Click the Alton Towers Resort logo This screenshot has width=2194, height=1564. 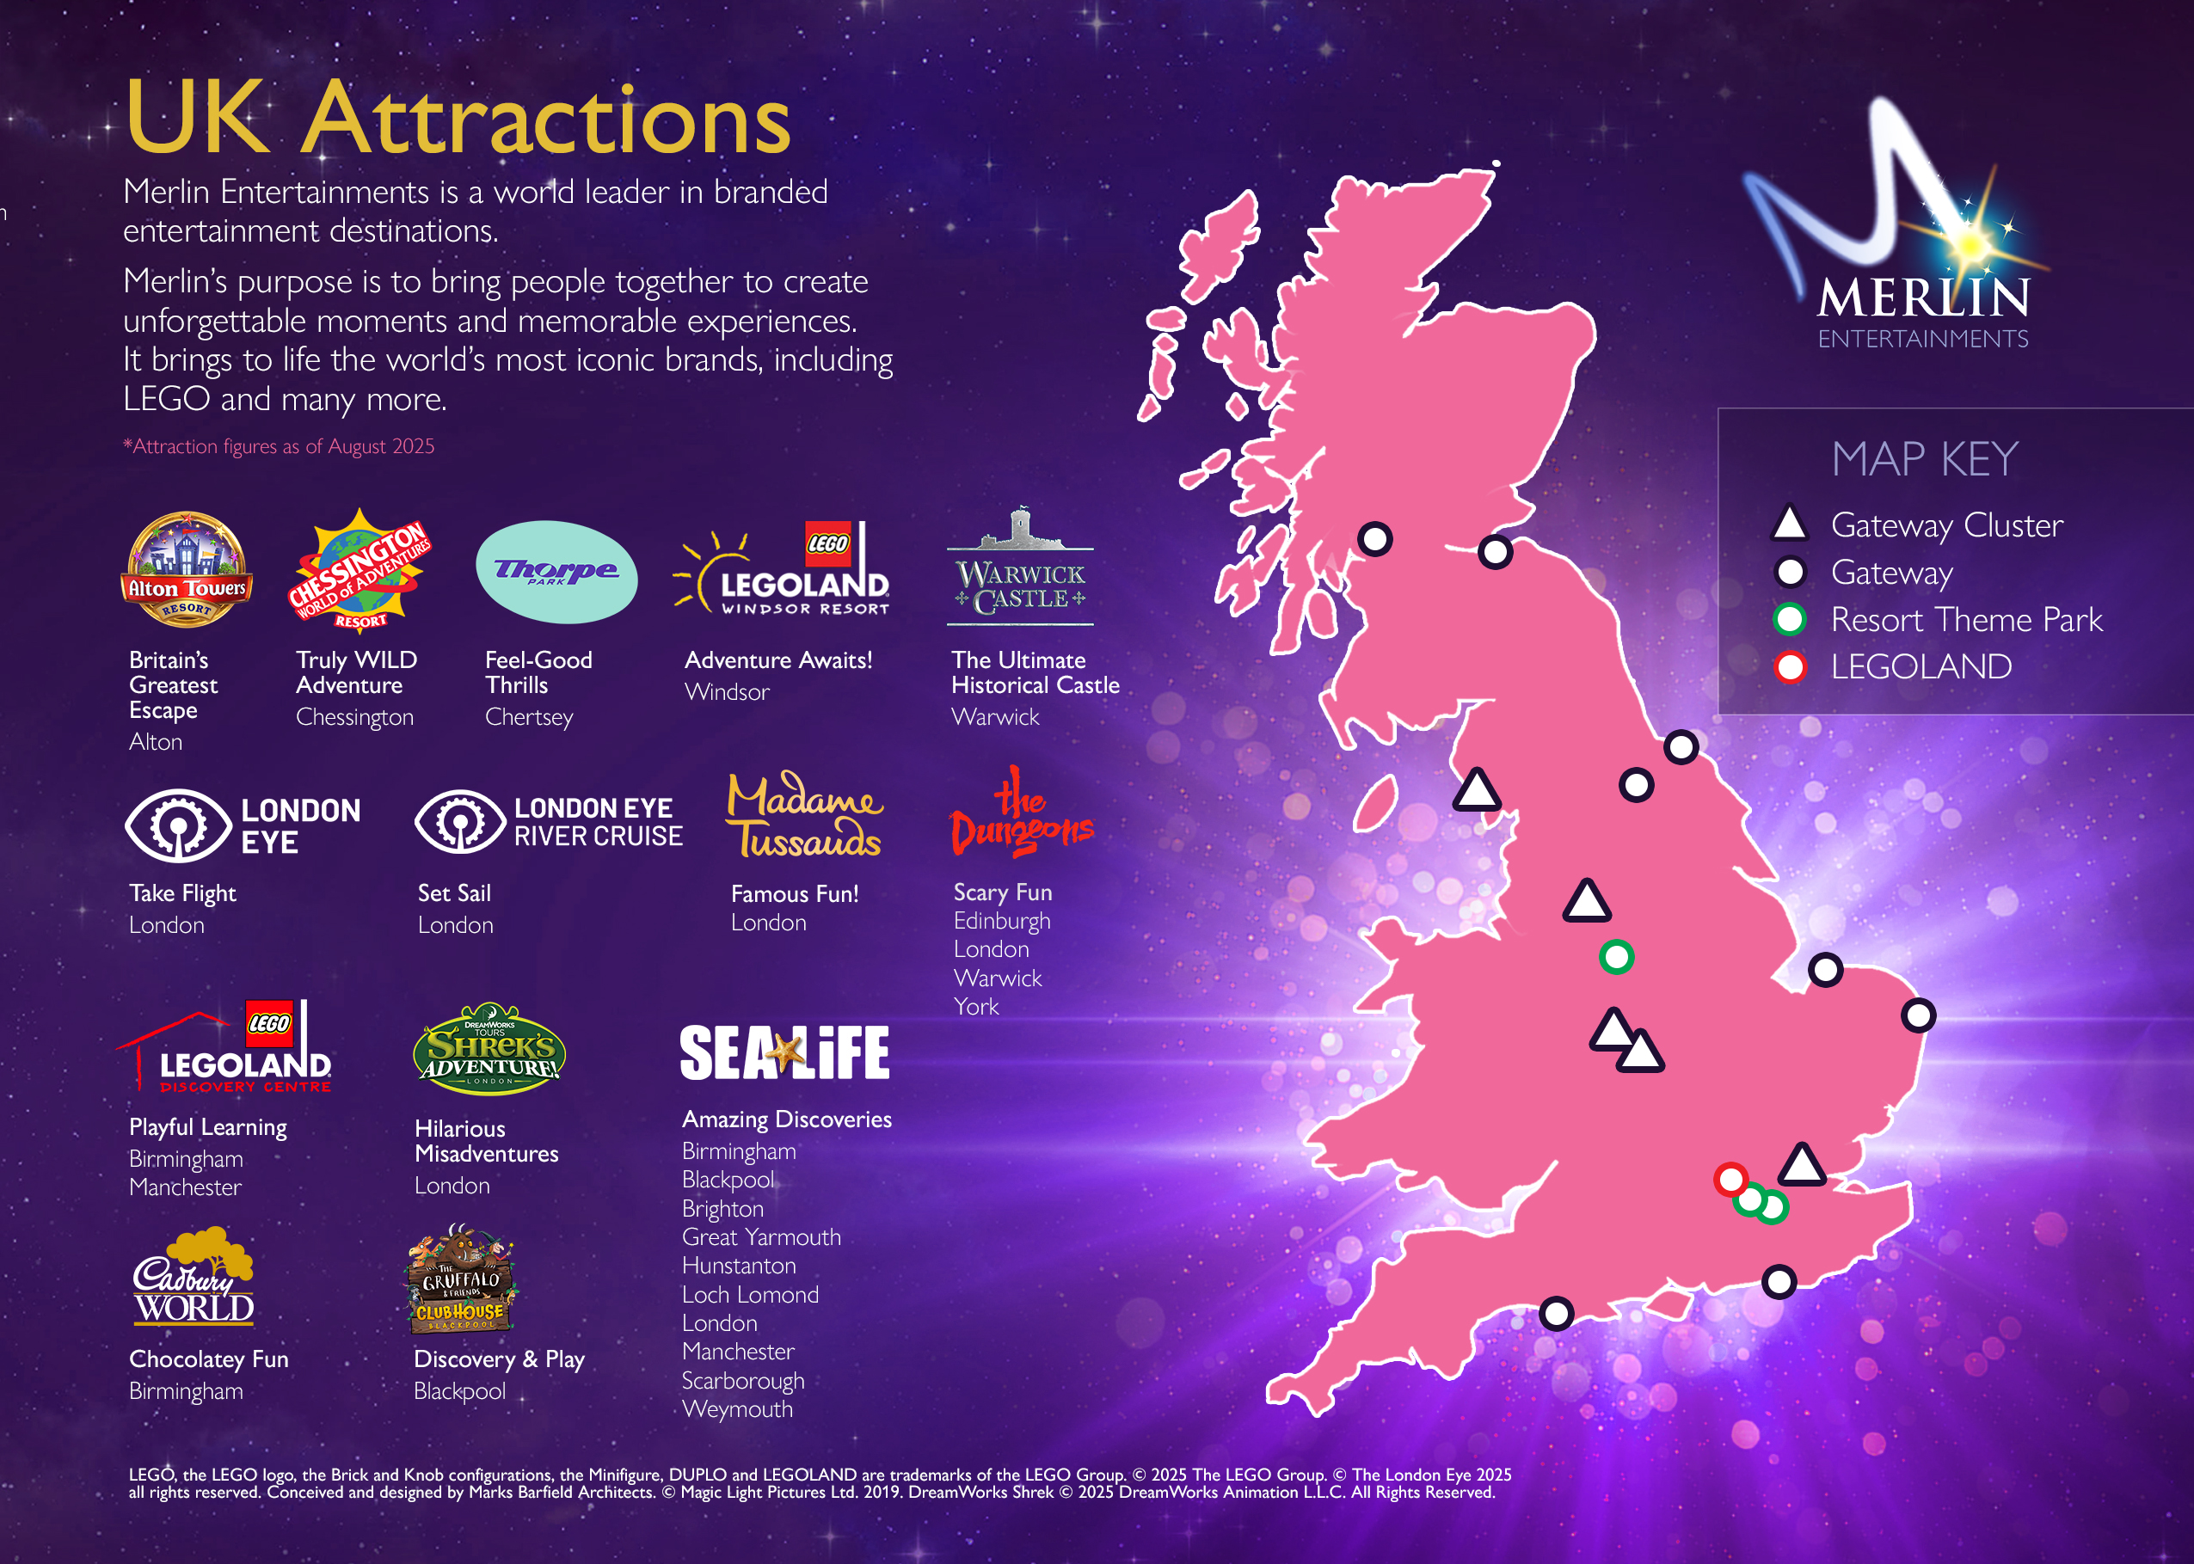187,569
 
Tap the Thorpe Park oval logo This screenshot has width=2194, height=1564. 556,572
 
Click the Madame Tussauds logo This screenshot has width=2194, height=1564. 804,816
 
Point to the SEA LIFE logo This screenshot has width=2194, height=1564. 784,1052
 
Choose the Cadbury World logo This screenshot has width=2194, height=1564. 194,1277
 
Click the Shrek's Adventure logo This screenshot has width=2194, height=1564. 489,1050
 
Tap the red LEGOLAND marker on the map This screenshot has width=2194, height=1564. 1730,1179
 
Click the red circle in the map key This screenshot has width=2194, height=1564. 1790,666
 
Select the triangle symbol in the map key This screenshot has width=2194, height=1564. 1790,524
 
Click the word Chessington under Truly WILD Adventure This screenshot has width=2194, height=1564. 354,717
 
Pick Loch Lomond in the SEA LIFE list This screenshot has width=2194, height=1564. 750,1295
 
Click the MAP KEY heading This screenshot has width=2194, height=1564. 1923,458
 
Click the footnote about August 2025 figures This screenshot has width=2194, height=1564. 279,447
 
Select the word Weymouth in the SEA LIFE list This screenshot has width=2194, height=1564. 738,1410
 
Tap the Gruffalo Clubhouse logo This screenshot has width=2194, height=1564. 460,1280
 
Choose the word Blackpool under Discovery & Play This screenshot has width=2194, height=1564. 459,1392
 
